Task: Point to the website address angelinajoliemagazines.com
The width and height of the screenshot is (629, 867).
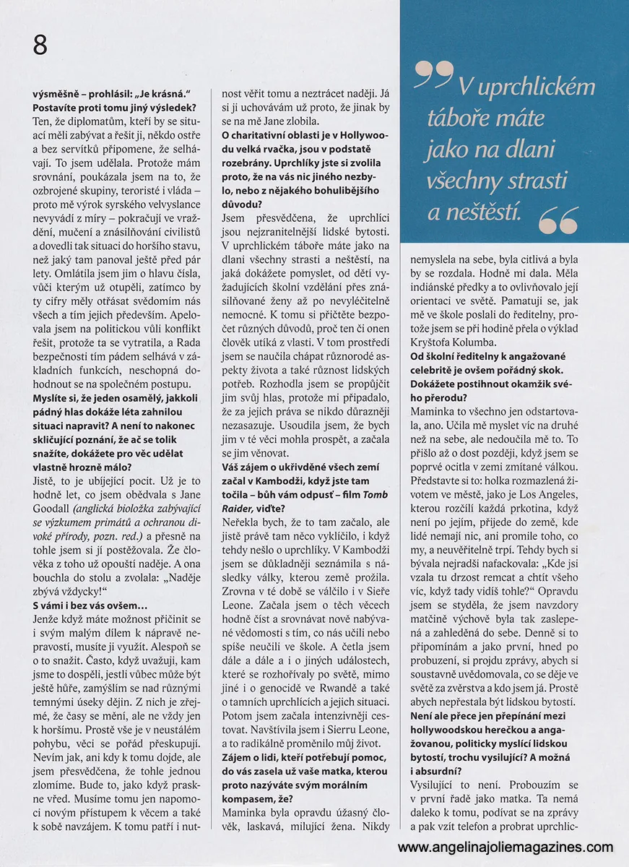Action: coord(505,847)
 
